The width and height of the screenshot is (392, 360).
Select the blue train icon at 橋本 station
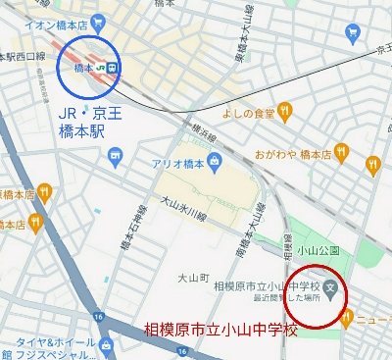click(x=112, y=67)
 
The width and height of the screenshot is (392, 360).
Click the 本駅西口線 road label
click(x=23, y=55)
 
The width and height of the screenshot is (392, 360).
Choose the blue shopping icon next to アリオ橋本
click(x=117, y=157)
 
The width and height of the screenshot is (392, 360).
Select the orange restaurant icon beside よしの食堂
click(x=285, y=112)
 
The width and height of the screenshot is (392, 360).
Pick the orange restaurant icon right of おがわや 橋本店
click(x=341, y=153)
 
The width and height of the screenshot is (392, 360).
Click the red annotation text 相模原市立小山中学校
click(x=220, y=330)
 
